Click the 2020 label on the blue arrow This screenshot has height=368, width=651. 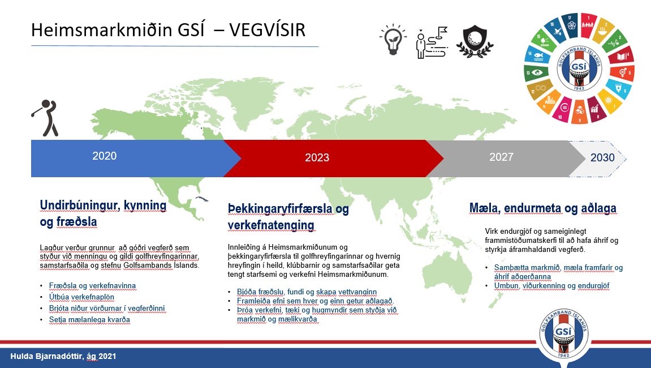104,156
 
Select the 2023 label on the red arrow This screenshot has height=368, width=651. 317,157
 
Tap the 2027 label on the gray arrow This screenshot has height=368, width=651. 501,157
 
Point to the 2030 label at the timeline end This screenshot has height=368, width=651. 602,157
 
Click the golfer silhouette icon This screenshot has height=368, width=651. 45,118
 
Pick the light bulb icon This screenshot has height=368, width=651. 393,40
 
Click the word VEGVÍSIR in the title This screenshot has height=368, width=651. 267,30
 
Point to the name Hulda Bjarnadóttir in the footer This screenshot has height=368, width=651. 47,356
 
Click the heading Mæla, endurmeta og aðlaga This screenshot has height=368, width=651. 542,208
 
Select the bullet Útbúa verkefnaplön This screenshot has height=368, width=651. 81,297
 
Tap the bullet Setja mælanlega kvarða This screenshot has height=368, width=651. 89,319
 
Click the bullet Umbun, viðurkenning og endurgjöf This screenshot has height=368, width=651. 552,286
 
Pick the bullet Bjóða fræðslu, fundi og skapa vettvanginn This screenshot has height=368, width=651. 307,292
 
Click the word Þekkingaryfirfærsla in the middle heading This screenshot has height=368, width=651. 280,209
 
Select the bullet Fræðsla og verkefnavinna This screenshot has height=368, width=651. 92,286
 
